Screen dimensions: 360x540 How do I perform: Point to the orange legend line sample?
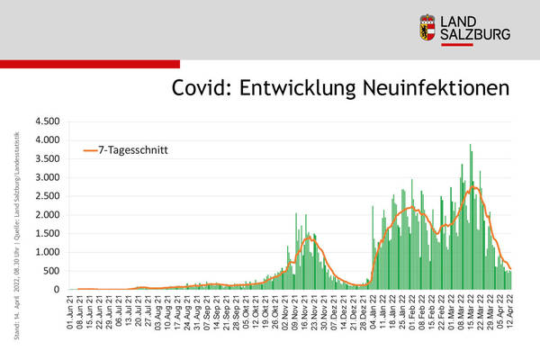[x=90, y=151]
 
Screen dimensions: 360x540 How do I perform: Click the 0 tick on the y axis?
[x=56, y=290]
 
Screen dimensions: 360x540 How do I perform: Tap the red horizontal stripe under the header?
[x=90, y=64]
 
